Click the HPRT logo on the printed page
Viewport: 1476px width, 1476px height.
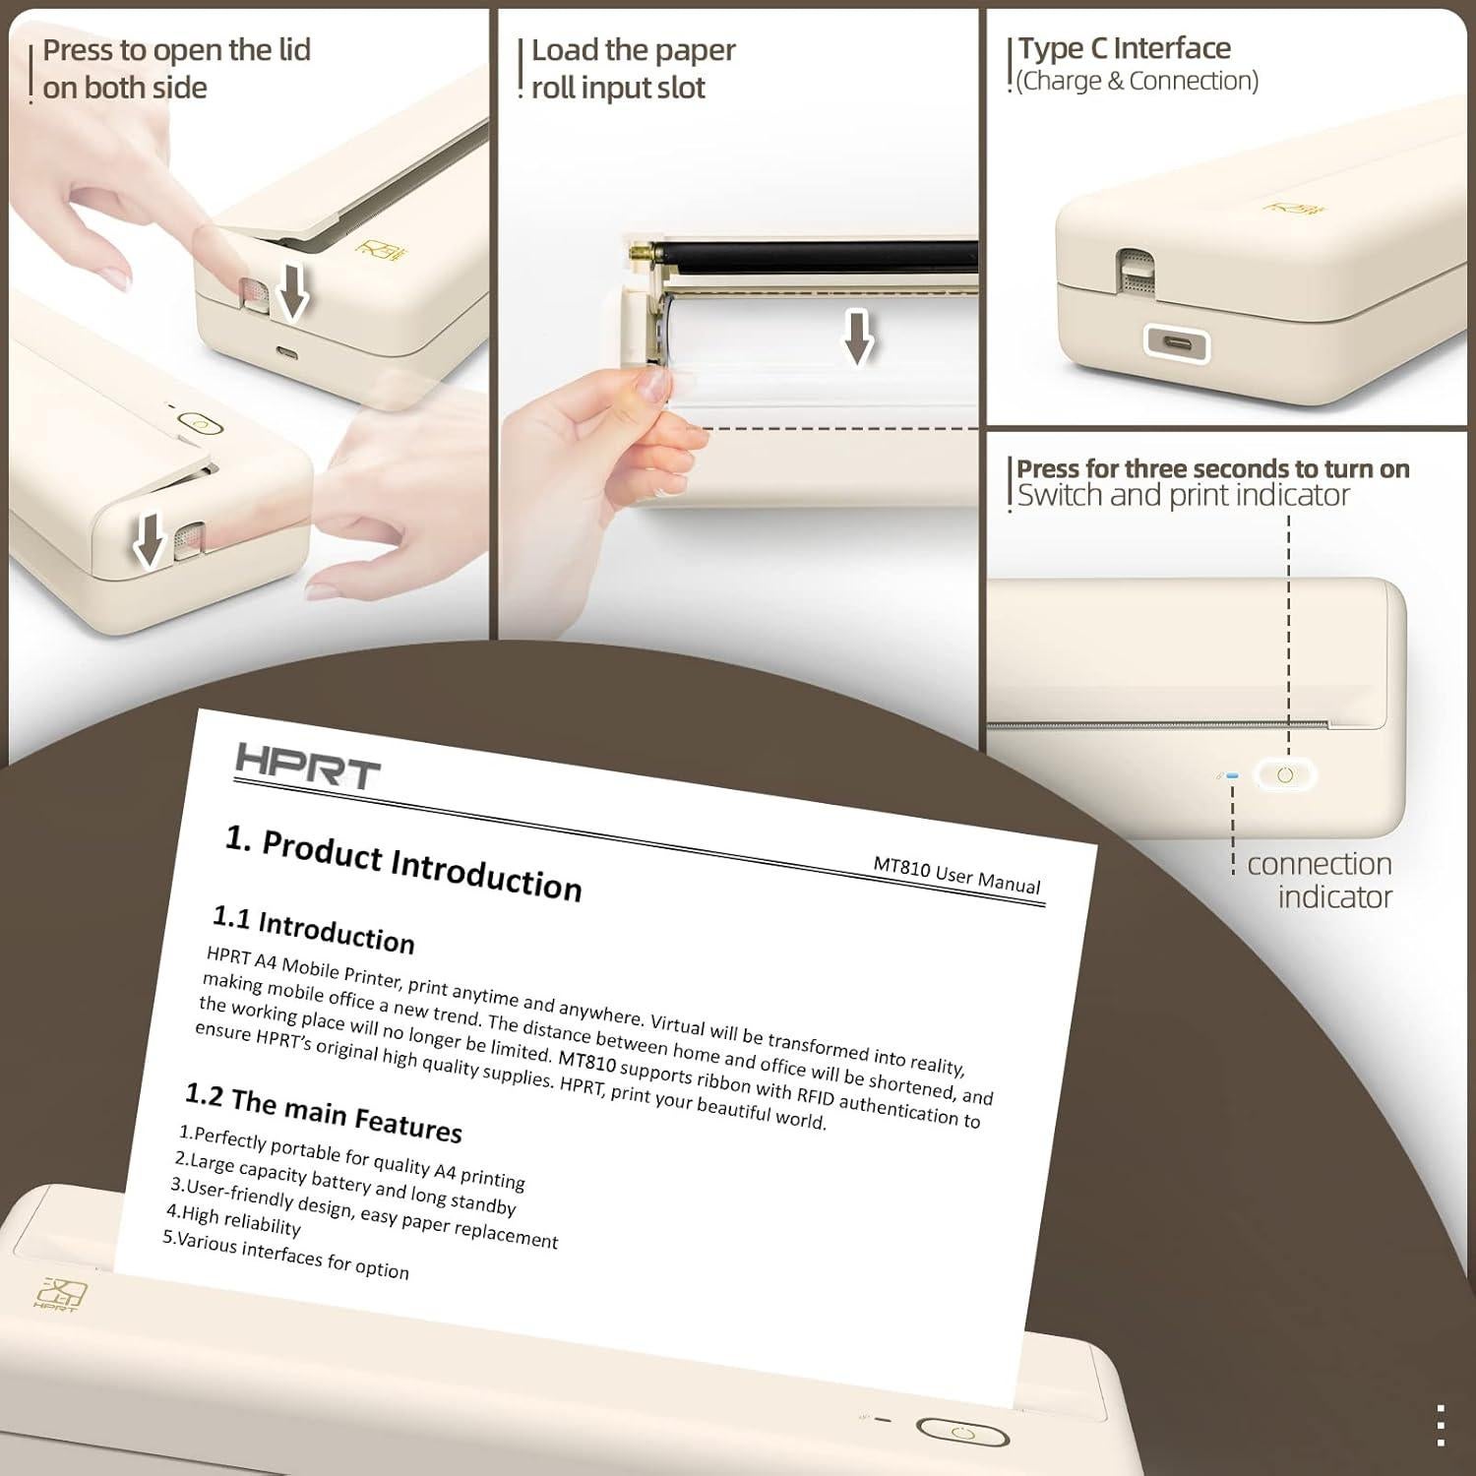tap(307, 767)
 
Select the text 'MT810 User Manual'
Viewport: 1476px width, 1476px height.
tap(956, 875)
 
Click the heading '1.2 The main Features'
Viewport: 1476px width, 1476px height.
tap(324, 1113)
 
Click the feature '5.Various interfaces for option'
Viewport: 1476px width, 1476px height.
tap(285, 1256)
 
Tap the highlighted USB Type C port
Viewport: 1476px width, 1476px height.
tap(1177, 344)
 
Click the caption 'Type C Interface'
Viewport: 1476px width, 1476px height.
tap(1124, 48)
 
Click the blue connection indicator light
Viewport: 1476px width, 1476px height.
tap(1232, 776)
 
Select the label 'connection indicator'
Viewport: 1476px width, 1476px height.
tap(1319, 880)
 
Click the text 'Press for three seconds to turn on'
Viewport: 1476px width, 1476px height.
tap(1212, 468)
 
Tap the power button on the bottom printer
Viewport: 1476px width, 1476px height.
tap(962, 1433)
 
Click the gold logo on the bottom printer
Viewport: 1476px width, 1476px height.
tap(60, 1294)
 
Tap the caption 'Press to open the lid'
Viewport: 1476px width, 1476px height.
tap(176, 50)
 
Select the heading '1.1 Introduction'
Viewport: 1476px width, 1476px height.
tap(313, 930)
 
